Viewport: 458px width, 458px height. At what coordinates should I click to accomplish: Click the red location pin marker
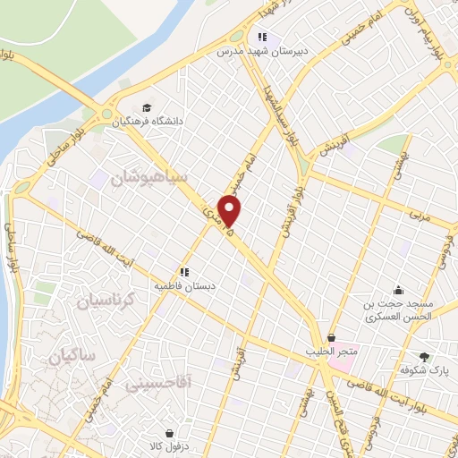click(x=231, y=211)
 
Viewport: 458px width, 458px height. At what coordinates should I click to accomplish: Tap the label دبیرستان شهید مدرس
click(x=261, y=52)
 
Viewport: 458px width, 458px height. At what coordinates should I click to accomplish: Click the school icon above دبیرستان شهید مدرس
click(x=261, y=38)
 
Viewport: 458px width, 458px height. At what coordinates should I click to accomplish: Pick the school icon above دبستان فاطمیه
click(x=183, y=271)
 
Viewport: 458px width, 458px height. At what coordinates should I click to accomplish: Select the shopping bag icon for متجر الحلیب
click(x=333, y=337)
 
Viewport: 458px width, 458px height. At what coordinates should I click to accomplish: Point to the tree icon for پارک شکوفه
click(x=424, y=356)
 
